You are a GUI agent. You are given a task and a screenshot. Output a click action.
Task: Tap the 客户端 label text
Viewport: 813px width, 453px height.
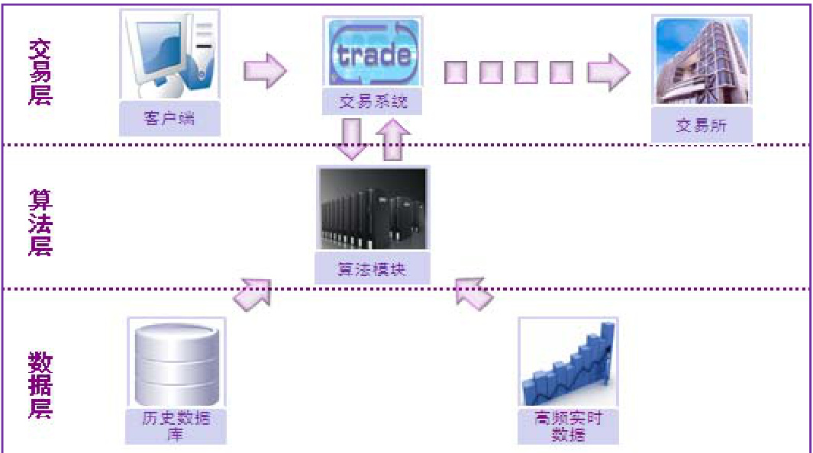(x=169, y=120)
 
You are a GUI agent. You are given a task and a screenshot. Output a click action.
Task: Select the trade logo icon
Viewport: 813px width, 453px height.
(x=373, y=53)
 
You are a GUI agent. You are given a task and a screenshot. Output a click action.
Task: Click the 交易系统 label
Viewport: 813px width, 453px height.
(x=373, y=101)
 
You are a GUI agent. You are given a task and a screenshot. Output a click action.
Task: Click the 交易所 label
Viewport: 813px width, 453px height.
(x=701, y=125)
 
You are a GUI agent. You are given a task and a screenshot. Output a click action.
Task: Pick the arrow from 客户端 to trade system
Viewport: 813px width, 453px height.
(x=264, y=72)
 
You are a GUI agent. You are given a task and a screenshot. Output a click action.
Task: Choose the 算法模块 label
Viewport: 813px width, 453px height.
(x=373, y=269)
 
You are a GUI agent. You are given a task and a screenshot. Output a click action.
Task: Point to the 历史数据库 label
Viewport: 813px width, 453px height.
(x=176, y=426)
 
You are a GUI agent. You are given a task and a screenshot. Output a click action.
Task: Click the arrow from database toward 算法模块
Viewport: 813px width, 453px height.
(x=253, y=293)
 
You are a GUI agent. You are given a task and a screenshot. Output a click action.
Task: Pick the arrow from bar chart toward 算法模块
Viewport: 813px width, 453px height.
(x=473, y=292)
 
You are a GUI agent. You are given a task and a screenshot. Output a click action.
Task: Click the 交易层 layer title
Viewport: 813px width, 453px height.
(x=40, y=72)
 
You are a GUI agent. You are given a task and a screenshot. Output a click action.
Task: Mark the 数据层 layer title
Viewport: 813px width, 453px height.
(x=40, y=384)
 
